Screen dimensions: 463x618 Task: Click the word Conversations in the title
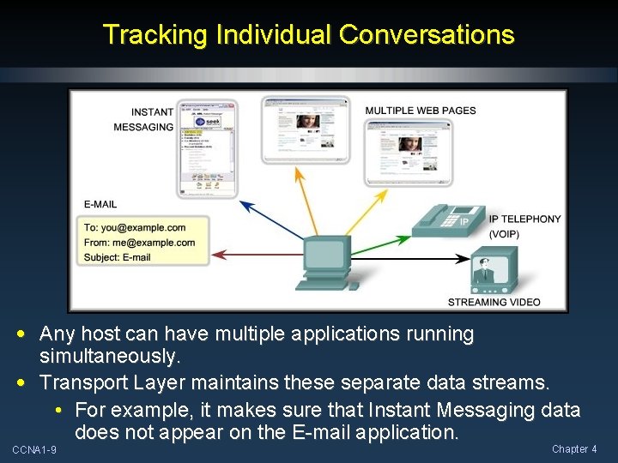coord(427,35)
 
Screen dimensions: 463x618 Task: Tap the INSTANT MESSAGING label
coord(144,119)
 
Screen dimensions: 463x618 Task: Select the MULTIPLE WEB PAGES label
coord(421,111)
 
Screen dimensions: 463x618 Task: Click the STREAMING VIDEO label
coord(494,302)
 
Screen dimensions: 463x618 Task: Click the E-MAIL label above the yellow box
coord(100,204)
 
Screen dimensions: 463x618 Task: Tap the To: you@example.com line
coord(135,227)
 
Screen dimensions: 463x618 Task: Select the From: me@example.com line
coord(139,242)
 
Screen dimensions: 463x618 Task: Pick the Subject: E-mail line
coord(118,256)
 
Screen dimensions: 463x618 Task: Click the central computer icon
coord(325,262)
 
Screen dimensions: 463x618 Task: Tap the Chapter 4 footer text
coord(574,448)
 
